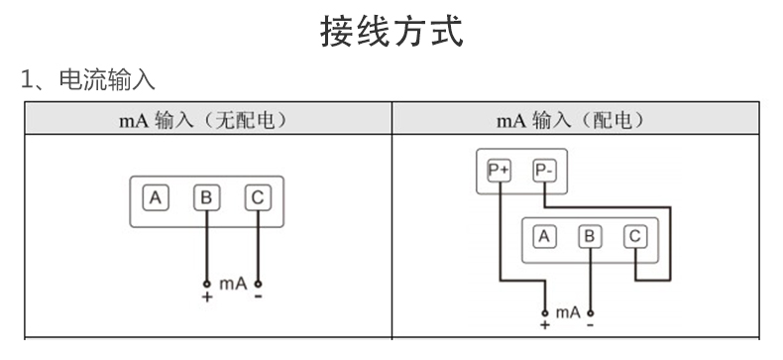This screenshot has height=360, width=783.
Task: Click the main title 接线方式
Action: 391,31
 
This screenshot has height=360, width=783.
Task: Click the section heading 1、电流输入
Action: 88,80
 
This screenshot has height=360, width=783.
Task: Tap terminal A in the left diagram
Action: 155,197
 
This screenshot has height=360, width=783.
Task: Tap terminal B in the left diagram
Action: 206,197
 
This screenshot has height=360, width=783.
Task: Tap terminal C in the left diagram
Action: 258,197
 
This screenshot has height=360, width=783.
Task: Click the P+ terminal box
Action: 498,171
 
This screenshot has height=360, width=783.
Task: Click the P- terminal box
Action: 545,171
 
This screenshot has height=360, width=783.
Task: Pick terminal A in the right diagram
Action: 543,236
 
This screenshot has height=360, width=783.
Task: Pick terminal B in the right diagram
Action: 590,236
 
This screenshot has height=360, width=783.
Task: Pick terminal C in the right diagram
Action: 635,236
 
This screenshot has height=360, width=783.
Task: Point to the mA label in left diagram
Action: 233,284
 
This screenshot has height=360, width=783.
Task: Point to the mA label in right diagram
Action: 568,312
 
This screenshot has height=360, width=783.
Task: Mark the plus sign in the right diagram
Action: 544,324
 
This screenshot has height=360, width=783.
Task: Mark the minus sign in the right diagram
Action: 591,324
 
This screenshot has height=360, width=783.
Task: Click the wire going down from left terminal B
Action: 206,243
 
